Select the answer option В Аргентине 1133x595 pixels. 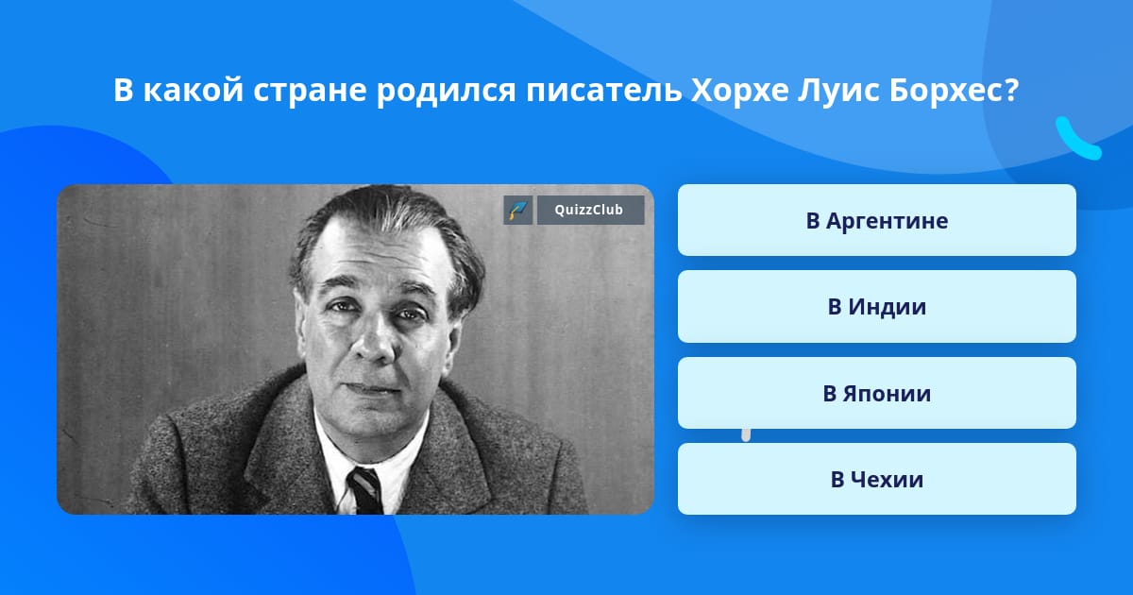(x=876, y=220)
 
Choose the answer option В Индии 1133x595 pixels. (x=876, y=307)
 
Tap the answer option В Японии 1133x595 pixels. (x=876, y=393)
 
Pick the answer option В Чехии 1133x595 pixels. (x=876, y=479)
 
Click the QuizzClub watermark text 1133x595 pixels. (x=590, y=210)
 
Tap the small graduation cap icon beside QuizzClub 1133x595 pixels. (x=518, y=210)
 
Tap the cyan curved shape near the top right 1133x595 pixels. (x=1076, y=139)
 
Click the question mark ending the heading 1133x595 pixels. (x=1011, y=91)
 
